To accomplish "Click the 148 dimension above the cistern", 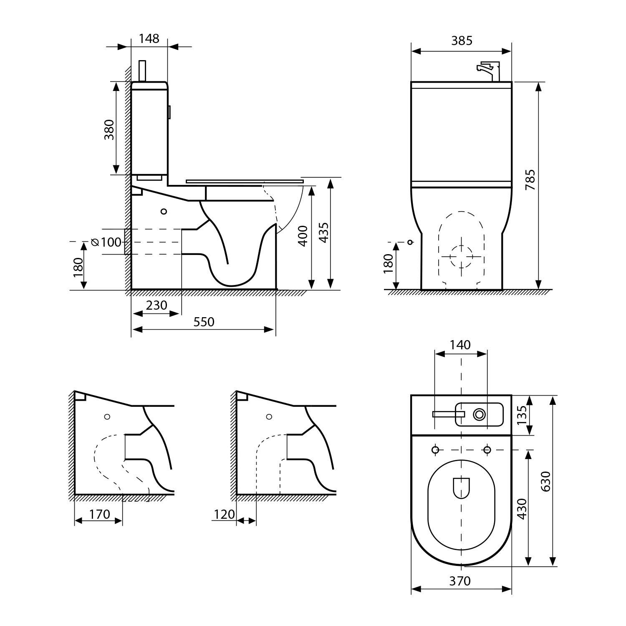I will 149,38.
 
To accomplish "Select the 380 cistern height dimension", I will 109,129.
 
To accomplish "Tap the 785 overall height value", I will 530,180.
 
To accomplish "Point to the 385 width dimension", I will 462,40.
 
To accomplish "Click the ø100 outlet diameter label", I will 106,242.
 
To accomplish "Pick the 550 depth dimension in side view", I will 204,322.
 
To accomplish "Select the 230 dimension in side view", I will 156,305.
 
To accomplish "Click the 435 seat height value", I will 323,232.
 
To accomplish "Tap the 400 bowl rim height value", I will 303,236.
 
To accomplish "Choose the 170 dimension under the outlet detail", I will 99,514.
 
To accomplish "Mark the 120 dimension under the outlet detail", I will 225,514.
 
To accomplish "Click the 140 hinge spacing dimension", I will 460,345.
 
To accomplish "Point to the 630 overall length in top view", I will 546,480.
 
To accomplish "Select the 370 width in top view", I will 460,581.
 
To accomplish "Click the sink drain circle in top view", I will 479,414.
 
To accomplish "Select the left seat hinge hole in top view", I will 435,449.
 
